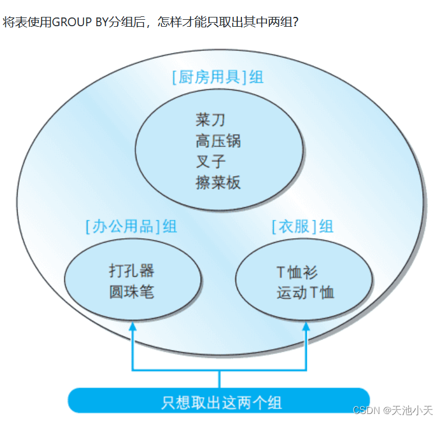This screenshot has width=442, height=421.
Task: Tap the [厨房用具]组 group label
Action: [218, 77]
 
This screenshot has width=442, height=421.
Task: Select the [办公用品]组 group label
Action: [131, 226]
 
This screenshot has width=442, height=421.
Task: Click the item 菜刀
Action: [210, 121]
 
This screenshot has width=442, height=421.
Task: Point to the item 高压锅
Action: [218, 141]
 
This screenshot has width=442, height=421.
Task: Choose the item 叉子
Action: [210, 161]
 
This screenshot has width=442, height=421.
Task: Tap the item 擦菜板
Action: [218, 182]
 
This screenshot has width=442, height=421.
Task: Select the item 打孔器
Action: [131, 271]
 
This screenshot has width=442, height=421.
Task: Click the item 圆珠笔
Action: [131, 292]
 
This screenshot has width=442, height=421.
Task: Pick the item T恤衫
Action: [297, 272]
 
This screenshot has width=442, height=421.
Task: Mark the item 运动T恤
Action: [305, 292]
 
